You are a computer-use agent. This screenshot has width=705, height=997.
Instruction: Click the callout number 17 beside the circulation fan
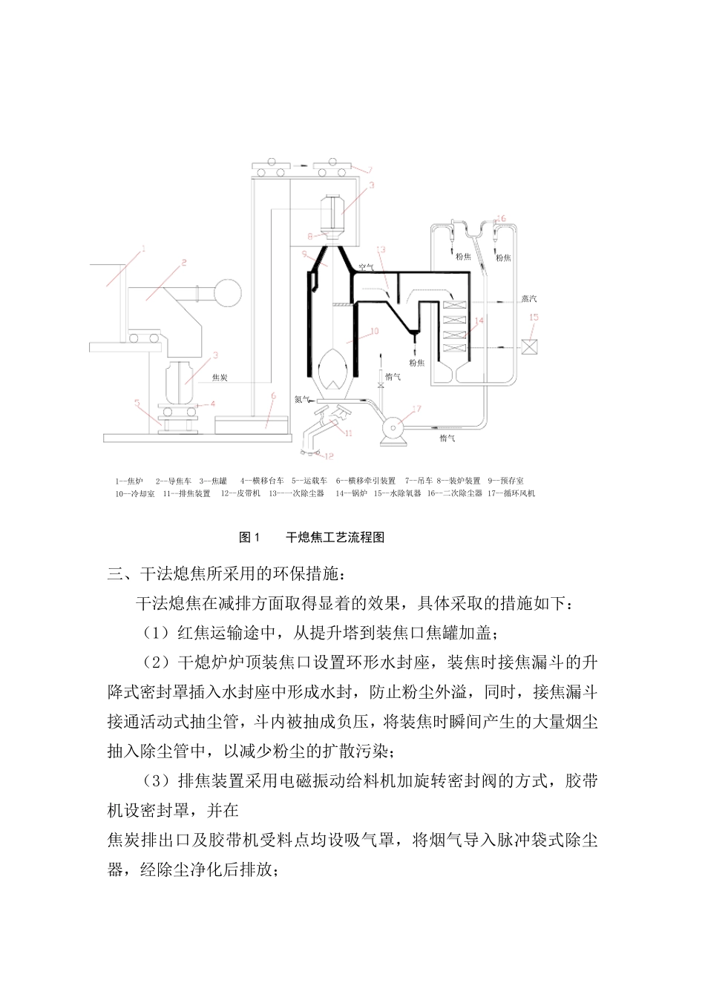pos(416,408)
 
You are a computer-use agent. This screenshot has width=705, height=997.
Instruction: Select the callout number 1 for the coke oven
pos(143,250)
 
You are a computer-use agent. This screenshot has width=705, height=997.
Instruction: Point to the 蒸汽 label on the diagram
pos(529,300)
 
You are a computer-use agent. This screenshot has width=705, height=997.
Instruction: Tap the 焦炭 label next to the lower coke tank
pos(220,378)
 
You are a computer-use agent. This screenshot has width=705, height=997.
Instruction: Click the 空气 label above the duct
pos(366,265)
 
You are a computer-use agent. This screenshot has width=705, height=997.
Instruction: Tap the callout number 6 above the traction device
pos(273,396)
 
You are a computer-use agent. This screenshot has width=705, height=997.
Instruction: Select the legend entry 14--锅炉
pos(351,493)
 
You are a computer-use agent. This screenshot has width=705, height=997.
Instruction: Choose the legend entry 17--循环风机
pos(511,493)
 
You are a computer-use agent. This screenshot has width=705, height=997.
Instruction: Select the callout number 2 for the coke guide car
pos(183,262)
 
